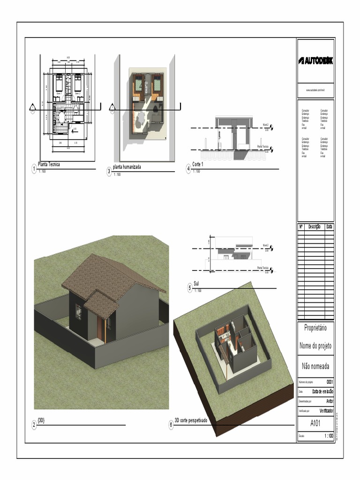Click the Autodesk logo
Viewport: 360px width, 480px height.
tap(315, 61)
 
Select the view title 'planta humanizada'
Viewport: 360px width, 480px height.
tap(127, 167)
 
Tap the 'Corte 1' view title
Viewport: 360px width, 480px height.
tap(198, 165)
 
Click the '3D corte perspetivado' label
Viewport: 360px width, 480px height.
tap(191, 420)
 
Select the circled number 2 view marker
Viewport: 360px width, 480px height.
tap(34, 425)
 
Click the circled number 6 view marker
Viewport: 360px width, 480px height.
tap(171, 425)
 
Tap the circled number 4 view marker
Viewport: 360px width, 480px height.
tap(188, 169)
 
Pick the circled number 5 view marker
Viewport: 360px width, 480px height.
tap(190, 288)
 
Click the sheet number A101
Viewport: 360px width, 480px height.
tap(315, 424)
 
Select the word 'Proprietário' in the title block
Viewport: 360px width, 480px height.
tap(315, 328)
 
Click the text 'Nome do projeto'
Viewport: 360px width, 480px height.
tap(315, 346)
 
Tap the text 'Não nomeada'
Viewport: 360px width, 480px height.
tap(315, 365)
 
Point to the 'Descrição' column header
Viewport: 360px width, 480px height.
tap(314, 227)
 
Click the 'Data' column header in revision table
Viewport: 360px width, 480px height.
tap(330, 227)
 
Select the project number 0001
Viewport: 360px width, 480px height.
tap(330, 382)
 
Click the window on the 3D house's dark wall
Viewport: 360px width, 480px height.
tap(78, 312)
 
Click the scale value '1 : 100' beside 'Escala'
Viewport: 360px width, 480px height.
tap(329, 436)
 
